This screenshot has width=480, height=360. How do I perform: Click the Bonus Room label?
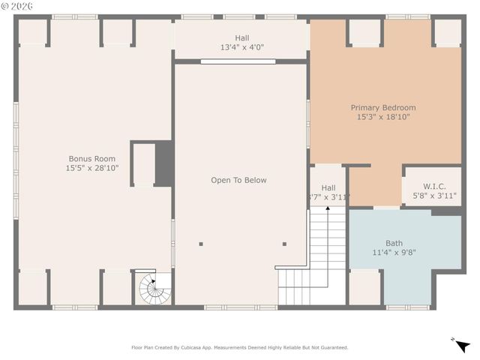pyautogui.click(x=92, y=158)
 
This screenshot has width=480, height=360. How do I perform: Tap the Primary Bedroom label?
pyautogui.click(x=383, y=108)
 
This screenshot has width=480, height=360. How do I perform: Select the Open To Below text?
pyautogui.click(x=238, y=180)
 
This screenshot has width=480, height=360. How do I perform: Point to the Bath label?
pyautogui.click(x=394, y=243)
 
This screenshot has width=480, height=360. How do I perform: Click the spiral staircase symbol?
pyautogui.click(x=153, y=288)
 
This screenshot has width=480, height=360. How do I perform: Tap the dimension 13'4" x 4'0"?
pyautogui.click(x=241, y=47)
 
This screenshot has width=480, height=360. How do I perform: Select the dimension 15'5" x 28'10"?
pyautogui.click(x=92, y=168)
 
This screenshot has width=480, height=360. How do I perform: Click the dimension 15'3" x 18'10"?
pyautogui.click(x=383, y=117)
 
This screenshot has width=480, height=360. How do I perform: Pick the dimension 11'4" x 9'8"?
pyautogui.click(x=394, y=253)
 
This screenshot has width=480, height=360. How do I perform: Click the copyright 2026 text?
pyautogui.click(x=18, y=6)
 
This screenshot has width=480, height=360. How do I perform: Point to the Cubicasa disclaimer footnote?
pyautogui.click(x=240, y=347)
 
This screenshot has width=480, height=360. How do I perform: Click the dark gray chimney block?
pyautogui.click(x=164, y=163)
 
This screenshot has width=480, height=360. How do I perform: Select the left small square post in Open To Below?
pyautogui.click(x=201, y=244)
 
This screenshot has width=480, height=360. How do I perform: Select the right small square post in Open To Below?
pyautogui.click(x=284, y=244)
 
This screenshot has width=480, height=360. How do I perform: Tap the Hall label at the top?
pyautogui.click(x=241, y=38)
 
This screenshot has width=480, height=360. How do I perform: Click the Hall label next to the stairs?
pyautogui.click(x=328, y=187)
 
